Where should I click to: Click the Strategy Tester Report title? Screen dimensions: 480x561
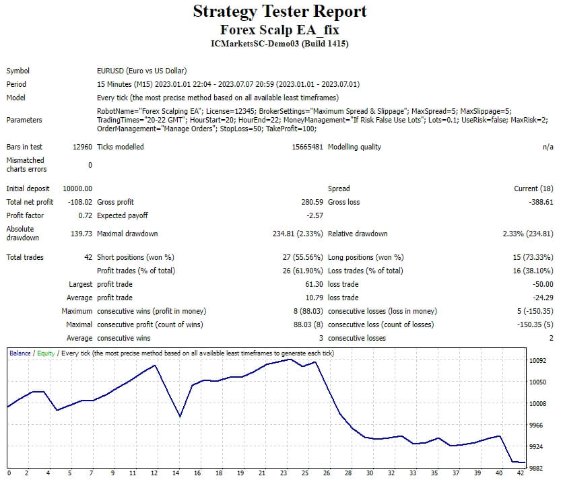click(x=280, y=11)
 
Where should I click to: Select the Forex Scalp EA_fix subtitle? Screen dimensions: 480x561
click(x=280, y=30)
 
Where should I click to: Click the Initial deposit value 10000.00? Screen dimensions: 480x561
click(x=77, y=188)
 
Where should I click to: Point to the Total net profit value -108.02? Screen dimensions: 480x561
click(x=80, y=202)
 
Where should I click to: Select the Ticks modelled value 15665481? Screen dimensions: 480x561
click(x=304, y=147)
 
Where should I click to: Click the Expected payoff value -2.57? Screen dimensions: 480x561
click(x=315, y=215)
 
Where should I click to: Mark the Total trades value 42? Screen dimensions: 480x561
click(x=88, y=257)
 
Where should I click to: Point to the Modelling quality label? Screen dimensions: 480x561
click(x=354, y=147)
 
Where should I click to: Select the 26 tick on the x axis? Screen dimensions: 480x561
click(x=327, y=473)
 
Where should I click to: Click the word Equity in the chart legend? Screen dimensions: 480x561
click(x=46, y=353)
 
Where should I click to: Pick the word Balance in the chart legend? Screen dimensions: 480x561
click(x=20, y=353)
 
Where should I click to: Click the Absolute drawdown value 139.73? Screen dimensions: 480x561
click(x=80, y=234)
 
